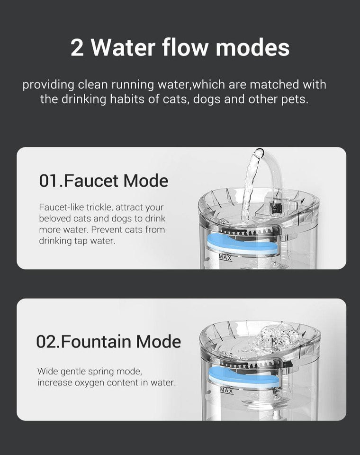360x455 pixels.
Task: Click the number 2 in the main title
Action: (x=77, y=48)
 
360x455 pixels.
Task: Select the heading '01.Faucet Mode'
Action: (x=103, y=181)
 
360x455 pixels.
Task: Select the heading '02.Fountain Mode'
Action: (x=108, y=341)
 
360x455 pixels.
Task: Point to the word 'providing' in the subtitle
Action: (x=48, y=85)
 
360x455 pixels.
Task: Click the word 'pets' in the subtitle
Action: (x=297, y=100)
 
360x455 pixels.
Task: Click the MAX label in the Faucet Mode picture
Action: (x=225, y=257)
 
